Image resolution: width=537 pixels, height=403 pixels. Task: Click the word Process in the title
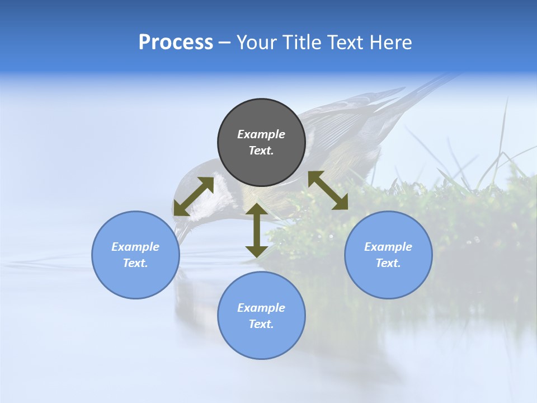[x=176, y=43]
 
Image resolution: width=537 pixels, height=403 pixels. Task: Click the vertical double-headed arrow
[x=257, y=230]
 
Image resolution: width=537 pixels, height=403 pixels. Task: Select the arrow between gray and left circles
[x=194, y=196]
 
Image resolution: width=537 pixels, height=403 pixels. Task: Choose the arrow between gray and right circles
[x=328, y=190]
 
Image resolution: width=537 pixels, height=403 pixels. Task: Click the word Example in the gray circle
[x=261, y=134]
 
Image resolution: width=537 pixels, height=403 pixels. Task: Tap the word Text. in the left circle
[x=135, y=263]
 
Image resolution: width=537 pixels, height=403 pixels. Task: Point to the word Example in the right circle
[x=388, y=247]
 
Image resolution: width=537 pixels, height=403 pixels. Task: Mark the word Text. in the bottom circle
[x=261, y=324]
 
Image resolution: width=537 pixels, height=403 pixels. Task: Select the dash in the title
[x=225, y=43]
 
